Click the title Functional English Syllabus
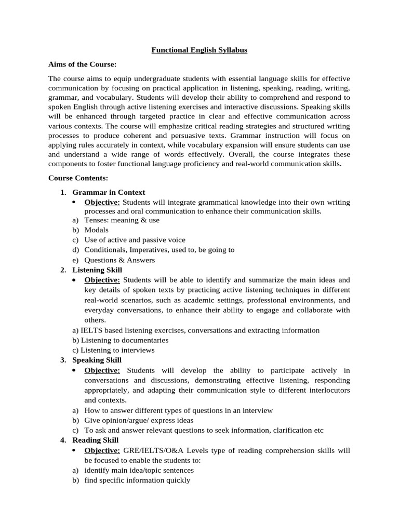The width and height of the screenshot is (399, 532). click(199, 50)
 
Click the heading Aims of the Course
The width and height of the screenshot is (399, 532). click(82, 64)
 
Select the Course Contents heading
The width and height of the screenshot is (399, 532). click(78, 178)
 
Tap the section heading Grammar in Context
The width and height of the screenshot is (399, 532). click(109, 192)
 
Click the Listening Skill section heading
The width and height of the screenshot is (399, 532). click(97, 270)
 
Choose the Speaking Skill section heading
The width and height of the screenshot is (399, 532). click(97, 360)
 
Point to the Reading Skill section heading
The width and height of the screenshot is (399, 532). click(96, 440)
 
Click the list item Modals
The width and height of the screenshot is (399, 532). click(97, 230)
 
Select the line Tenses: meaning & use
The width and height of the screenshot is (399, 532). click(122, 220)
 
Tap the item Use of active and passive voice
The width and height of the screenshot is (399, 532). click(135, 240)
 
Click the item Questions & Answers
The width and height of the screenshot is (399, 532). click(119, 260)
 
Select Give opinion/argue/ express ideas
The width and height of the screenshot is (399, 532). click(139, 420)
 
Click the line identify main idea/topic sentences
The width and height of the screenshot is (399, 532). click(139, 470)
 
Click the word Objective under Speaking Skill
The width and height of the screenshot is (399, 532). click(102, 370)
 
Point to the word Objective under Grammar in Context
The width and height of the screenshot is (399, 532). click(102, 202)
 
